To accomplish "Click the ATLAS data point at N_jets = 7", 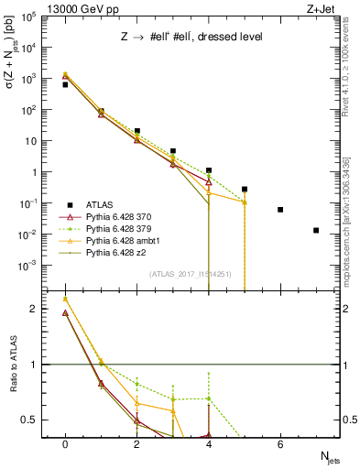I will [316, 230].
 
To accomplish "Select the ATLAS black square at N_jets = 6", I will [280, 210].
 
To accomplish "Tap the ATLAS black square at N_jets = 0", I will [65, 84].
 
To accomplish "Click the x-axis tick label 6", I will [280, 442].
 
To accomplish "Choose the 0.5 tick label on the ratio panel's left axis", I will [28, 420].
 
